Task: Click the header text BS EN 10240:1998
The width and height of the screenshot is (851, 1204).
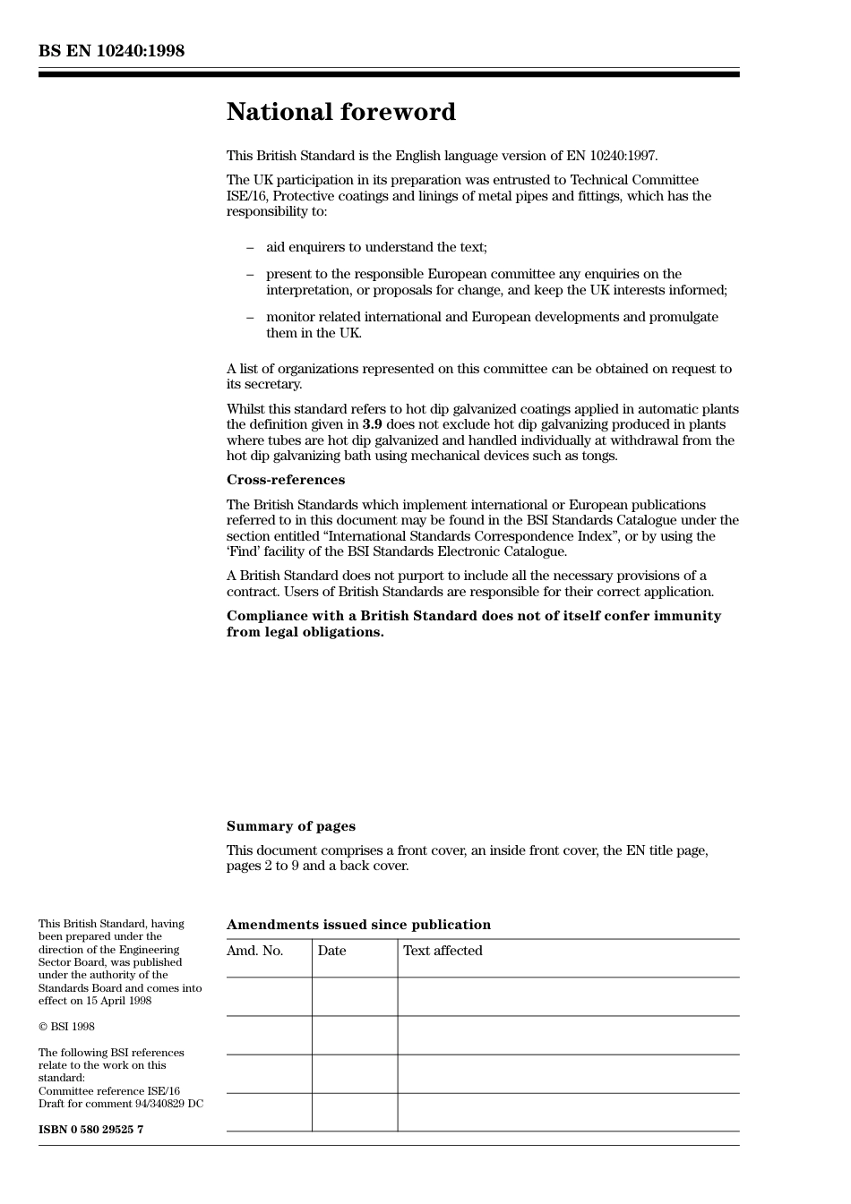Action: (111, 51)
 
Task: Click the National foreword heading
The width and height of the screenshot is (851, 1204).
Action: (340, 112)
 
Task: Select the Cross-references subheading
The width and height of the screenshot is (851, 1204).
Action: (285, 480)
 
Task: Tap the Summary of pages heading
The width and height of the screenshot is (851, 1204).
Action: (290, 826)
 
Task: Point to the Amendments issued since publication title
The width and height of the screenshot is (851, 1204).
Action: (358, 925)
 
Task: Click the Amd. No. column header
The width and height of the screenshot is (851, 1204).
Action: (254, 951)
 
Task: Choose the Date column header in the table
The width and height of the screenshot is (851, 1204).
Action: (331, 951)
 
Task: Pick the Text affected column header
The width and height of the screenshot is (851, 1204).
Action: (443, 951)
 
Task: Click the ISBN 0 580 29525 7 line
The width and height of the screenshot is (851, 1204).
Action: (90, 1130)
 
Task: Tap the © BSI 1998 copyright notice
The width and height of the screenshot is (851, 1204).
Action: (66, 1027)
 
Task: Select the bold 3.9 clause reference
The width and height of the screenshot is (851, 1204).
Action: (372, 424)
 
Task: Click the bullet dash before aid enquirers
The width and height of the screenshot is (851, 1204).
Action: (250, 247)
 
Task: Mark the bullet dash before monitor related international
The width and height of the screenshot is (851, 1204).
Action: (250, 317)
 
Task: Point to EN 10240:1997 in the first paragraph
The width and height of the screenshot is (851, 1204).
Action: (611, 156)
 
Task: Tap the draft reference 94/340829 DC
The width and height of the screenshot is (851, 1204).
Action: (169, 1104)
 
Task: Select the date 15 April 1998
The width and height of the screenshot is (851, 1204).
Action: (118, 1001)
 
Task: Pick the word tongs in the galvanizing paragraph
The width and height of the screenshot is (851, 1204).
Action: (598, 456)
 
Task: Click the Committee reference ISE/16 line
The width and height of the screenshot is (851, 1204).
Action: (108, 1091)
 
